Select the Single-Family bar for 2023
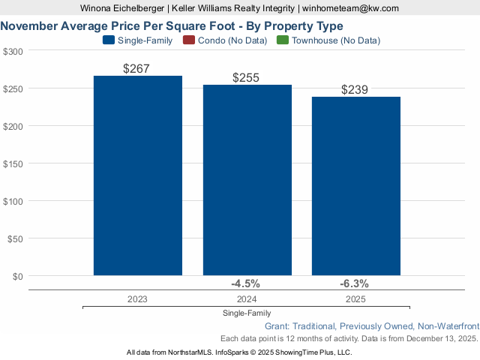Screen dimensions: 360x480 138,175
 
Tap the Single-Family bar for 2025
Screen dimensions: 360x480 355,186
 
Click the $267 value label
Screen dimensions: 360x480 136,68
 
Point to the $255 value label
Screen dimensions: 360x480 246,77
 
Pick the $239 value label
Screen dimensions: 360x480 355,89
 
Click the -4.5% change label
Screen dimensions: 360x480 245,283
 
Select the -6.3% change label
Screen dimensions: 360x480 355,283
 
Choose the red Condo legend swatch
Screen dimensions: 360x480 188,40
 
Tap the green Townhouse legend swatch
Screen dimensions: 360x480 283,40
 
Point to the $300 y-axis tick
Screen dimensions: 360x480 13,51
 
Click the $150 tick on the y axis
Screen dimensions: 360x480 13,163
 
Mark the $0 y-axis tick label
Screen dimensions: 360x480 17,276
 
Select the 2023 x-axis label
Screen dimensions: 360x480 137,298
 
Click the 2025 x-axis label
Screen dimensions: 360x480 355,298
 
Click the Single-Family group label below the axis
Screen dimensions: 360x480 247,313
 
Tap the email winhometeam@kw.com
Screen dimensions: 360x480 350,7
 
